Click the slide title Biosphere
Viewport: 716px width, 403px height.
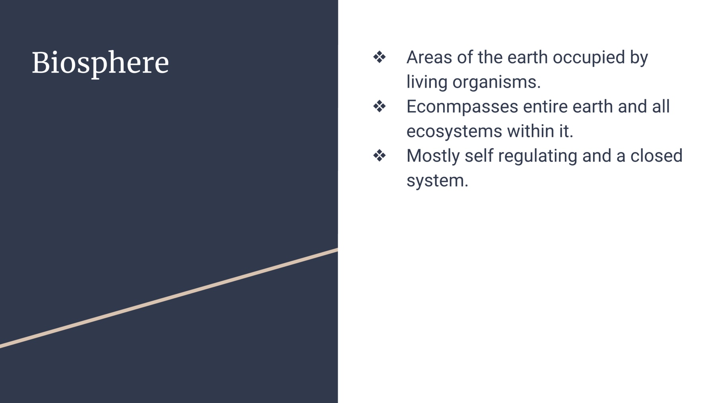[x=100, y=63]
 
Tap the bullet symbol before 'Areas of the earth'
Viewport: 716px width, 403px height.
[x=379, y=57]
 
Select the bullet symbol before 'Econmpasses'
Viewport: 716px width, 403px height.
[x=379, y=106]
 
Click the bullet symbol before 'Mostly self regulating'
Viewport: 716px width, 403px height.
[x=379, y=155]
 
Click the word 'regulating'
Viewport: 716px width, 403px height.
[x=537, y=157]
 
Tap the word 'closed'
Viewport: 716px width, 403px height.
[x=656, y=156]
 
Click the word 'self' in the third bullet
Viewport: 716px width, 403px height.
[x=479, y=156]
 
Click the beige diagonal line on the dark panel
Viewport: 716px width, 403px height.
[x=169, y=298]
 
